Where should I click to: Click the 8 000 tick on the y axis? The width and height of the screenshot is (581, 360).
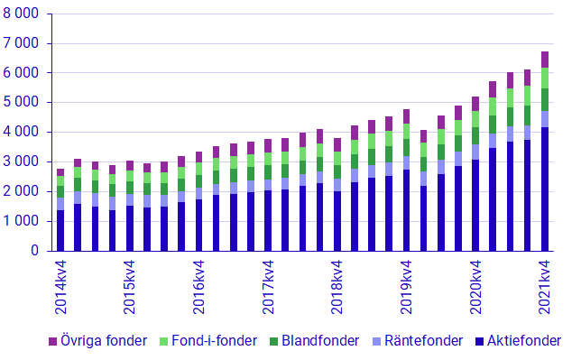(23, 14)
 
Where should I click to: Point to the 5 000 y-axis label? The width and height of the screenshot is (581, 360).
(23, 103)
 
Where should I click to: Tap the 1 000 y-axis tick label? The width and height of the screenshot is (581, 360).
(23, 222)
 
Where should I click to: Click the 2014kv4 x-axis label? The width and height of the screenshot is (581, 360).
(61, 287)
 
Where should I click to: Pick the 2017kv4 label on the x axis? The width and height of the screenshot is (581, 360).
(268, 287)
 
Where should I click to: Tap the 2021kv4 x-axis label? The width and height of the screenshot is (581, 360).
(545, 287)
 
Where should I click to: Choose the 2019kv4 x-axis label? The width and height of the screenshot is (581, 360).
(407, 287)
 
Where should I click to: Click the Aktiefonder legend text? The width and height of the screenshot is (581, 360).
(524, 341)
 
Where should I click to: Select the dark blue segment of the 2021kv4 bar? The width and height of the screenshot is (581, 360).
(545, 189)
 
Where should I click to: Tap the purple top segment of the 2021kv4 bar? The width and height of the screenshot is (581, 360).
(545, 60)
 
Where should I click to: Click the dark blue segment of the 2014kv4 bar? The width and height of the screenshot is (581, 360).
(60, 231)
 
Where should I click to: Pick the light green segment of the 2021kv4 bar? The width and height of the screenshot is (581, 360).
(545, 78)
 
